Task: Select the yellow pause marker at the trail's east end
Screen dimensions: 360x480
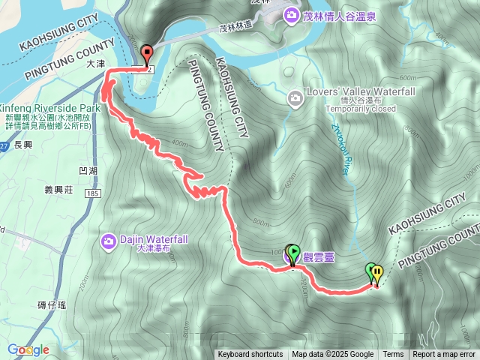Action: tap(377, 272)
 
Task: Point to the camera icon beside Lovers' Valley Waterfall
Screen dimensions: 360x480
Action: tap(296, 97)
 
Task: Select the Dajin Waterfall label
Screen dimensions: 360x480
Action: tap(154, 238)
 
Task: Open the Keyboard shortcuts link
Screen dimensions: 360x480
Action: tap(250, 355)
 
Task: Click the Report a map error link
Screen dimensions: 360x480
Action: tap(444, 355)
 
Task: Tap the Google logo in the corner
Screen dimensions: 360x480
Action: tap(28, 349)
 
